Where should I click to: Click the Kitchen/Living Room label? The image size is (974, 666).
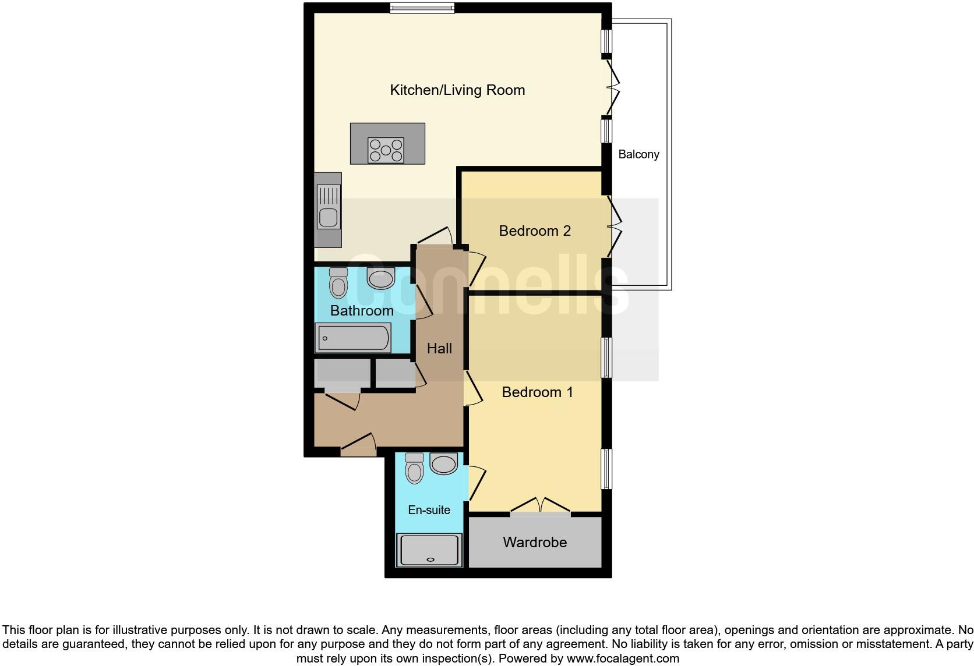pos(457,90)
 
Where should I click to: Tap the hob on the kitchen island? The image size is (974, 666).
pos(386,150)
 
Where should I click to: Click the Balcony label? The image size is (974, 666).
pos(638,154)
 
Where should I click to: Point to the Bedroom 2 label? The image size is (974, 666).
pos(535,231)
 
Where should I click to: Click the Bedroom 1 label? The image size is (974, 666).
pos(537,392)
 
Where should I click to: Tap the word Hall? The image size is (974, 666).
pos(439,348)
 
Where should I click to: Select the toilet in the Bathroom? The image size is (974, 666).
pos(338,283)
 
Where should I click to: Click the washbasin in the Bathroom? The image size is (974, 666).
pos(381,278)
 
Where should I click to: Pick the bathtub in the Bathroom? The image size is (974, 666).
pos(353,338)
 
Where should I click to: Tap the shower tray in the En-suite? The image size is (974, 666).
pos(430,550)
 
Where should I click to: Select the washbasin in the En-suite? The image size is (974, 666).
pos(443,464)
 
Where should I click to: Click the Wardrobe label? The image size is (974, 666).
pos(535,542)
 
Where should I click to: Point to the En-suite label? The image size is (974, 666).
pos(429,510)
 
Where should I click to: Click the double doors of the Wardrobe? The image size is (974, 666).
pos(540,506)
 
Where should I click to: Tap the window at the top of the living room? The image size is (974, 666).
pos(422,8)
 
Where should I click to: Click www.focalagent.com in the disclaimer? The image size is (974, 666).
pos(622,658)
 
